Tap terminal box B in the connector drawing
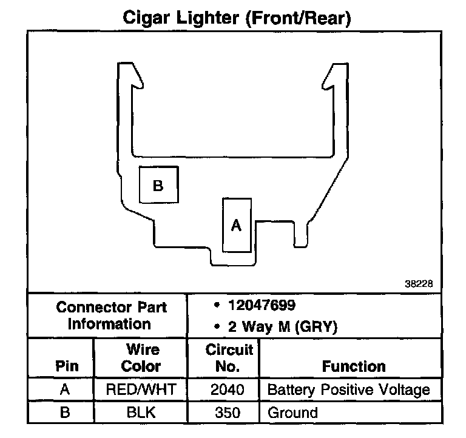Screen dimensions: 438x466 (x=158, y=184)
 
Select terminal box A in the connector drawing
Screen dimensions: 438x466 (x=237, y=225)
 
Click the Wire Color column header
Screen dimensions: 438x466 (x=141, y=358)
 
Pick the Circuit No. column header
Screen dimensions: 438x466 (x=229, y=358)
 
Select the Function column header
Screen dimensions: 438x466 (x=354, y=366)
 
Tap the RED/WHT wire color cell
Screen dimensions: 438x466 (x=141, y=389)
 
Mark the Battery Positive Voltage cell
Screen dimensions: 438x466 (x=348, y=389)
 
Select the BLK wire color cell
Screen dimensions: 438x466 (x=141, y=413)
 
